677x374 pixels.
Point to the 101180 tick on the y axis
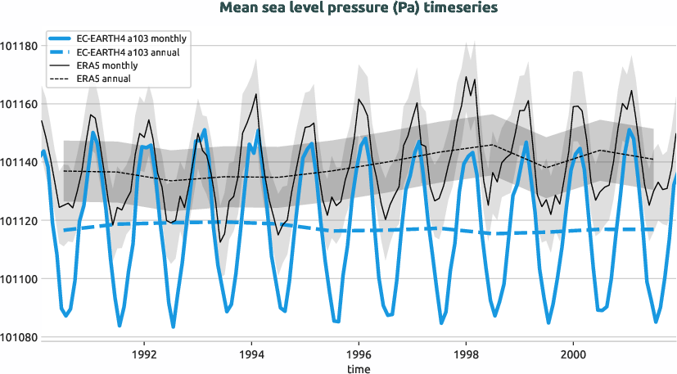[x=19, y=46]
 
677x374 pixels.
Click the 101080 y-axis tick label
[x=19, y=337]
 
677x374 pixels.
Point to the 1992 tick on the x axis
[x=144, y=356]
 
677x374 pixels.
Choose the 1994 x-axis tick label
[x=251, y=356]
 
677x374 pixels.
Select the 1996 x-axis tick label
[x=359, y=356]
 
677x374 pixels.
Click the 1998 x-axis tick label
[x=465, y=356]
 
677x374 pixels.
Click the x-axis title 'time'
[x=358, y=369]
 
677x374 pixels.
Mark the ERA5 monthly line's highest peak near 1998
[x=466, y=77]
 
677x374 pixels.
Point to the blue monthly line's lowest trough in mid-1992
[x=173, y=327]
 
